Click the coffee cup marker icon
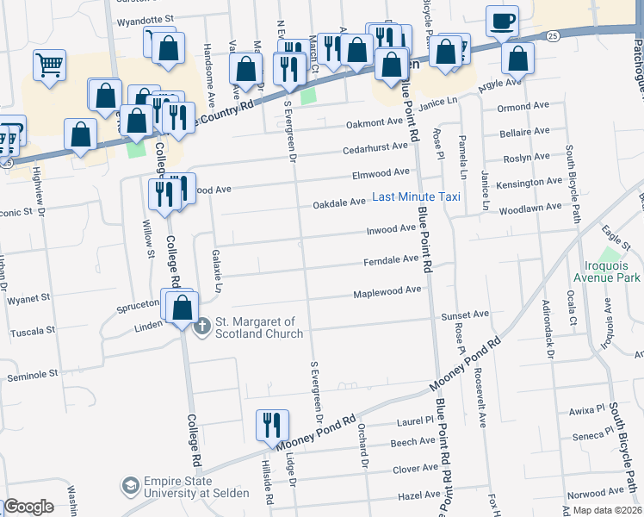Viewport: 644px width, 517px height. click(x=502, y=21)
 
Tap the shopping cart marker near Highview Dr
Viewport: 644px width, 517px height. click(x=50, y=65)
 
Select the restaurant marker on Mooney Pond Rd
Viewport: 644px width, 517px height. click(x=272, y=425)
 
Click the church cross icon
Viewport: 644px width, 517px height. click(x=202, y=326)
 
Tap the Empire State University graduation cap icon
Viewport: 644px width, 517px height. click(x=130, y=486)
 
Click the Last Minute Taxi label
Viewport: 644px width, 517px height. click(x=416, y=197)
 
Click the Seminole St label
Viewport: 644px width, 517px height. click(x=32, y=374)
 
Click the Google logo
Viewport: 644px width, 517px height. click(x=28, y=507)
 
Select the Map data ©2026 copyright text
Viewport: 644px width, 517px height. click(x=607, y=510)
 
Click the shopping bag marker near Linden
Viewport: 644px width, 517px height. click(x=183, y=308)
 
